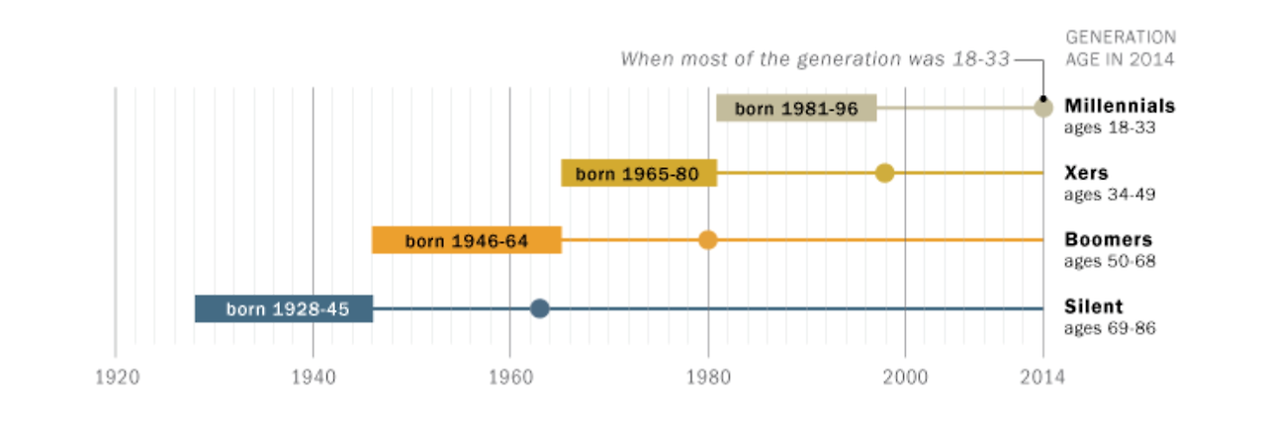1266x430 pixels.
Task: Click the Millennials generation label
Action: (x=1120, y=106)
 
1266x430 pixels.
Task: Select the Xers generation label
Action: (x=1086, y=173)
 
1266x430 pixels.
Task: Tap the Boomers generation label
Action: (x=1108, y=240)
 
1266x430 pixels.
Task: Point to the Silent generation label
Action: (x=1094, y=306)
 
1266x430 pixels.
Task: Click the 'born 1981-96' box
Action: (x=796, y=108)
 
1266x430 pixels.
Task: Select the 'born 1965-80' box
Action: (x=638, y=174)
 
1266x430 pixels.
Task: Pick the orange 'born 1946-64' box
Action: (x=467, y=240)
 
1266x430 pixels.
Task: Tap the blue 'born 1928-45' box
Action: (x=284, y=308)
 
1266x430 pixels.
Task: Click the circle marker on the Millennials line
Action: (x=1043, y=107)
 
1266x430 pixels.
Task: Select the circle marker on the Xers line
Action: (x=884, y=173)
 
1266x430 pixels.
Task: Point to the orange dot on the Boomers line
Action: (x=707, y=240)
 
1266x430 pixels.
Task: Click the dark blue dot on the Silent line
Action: (x=539, y=308)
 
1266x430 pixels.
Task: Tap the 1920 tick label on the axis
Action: (x=116, y=377)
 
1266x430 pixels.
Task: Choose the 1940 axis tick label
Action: (x=313, y=377)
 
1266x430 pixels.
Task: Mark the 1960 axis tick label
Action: (x=510, y=377)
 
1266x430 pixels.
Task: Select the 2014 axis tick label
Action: (x=1042, y=377)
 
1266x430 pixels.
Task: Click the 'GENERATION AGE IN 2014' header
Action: (x=1120, y=47)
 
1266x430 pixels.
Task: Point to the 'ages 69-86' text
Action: (x=1109, y=328)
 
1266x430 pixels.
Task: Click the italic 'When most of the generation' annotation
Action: (x=815, y=59)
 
